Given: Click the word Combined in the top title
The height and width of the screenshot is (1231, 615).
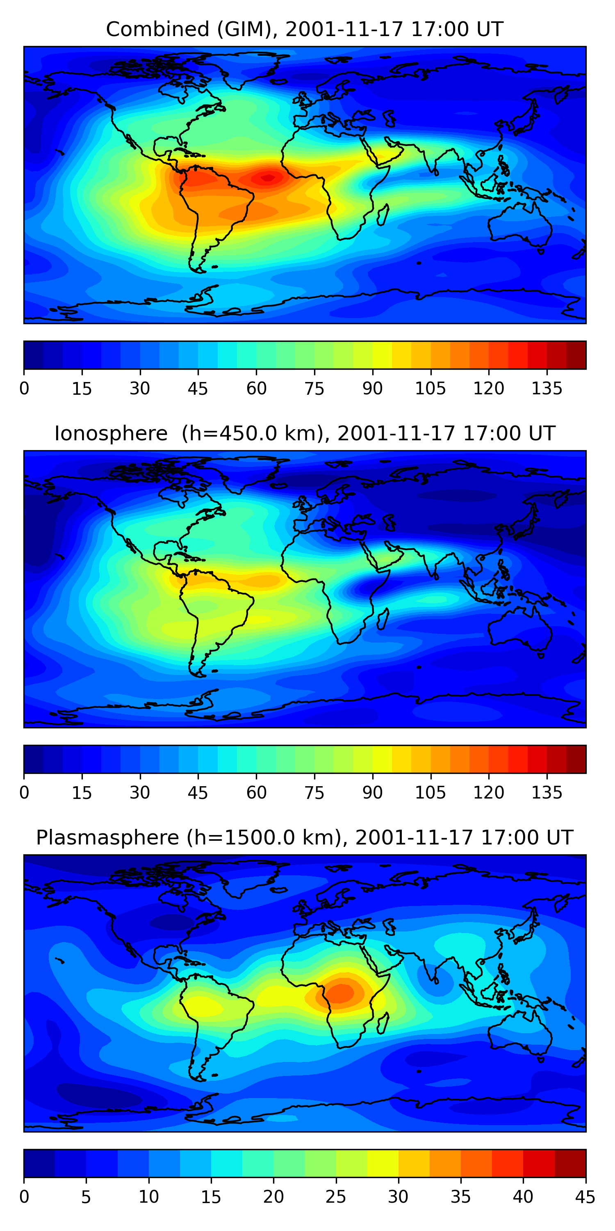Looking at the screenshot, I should tap(157, 29).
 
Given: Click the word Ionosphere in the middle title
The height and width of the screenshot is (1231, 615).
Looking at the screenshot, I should tap(111, 433).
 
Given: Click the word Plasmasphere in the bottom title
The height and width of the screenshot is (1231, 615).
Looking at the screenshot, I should tap(107, 838).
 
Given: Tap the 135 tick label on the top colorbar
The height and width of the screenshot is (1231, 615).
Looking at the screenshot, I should tap(547, 389).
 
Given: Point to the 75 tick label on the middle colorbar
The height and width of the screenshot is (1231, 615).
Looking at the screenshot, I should tap(314, 793).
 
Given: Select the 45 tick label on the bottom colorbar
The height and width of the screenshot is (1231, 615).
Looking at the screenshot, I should tap(585, 1197).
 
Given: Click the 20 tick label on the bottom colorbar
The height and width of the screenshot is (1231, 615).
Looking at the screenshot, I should tap(273, 1197).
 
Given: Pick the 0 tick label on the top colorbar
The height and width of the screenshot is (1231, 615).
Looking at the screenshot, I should tap(24, 389).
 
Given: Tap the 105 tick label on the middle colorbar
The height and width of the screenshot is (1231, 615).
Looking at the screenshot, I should tap(430, 793).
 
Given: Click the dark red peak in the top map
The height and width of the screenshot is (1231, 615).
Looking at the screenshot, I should tap(268, 178).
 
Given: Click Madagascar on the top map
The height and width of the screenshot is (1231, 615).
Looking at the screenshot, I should tap(383, 215).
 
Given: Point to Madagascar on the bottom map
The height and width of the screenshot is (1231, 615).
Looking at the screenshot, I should tap(383, 1024).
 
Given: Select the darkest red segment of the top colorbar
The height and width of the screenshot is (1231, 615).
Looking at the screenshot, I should tap(576, 355).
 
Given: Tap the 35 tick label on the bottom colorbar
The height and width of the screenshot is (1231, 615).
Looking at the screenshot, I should tap(460, 1197).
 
